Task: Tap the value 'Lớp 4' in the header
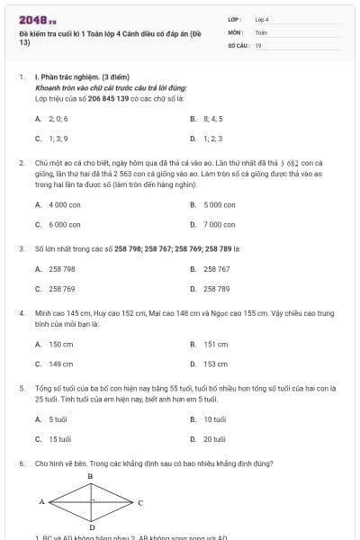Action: pos(262,18)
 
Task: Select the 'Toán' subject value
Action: pos(261,31)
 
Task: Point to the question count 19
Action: pos(257,44)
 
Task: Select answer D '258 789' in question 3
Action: pos(217,289)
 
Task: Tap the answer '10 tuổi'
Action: pos(214,419)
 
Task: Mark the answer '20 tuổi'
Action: pos(214,440)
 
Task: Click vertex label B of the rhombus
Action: pos(90,475)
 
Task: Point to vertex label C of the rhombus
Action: pos(140,501)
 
